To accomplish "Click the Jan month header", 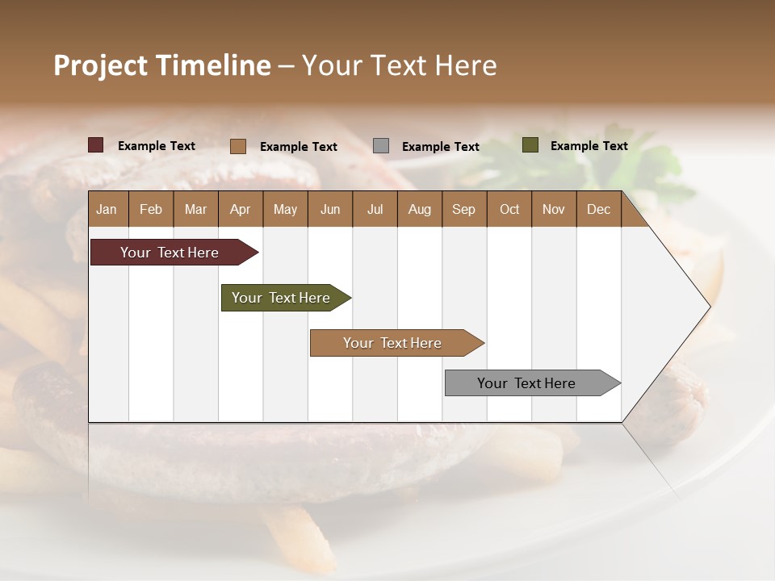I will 107,209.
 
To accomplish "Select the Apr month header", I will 240,209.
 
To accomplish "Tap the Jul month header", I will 375,209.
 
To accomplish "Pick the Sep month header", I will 463,209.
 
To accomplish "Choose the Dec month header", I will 598,209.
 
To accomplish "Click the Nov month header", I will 553,209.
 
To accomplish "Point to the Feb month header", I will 151,209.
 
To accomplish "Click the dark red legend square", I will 96,145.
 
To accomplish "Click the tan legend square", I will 238,146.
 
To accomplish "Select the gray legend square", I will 381,145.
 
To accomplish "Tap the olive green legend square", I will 530,145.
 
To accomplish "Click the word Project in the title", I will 100,65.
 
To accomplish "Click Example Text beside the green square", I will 589,146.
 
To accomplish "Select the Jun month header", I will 329,209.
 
